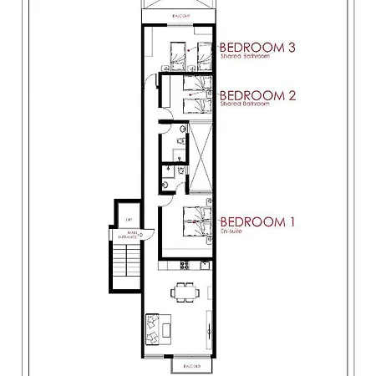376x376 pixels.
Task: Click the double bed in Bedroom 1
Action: pyautogui.click(x=198, y=223)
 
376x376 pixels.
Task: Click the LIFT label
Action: pyautogui.click(x=129, y=219)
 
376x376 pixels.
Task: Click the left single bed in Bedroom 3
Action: pyautogui.click(x=177, y=56)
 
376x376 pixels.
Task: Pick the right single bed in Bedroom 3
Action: pyautogui.click(x=201, y=56)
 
